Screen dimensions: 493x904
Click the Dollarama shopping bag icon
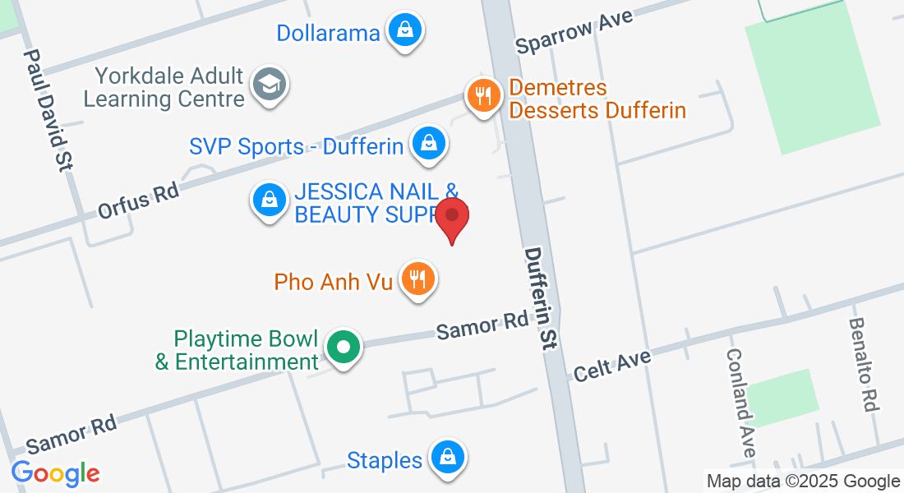(405, 30)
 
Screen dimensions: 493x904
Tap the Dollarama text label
(328, 33)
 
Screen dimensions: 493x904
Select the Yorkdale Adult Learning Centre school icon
(268, 85)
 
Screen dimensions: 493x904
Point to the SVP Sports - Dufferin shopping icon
(428, 143)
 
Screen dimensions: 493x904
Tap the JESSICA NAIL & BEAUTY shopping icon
(269, 200)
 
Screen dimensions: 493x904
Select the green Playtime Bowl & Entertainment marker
(344, 347)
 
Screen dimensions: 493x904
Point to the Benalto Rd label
(865, 364)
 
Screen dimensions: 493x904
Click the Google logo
(55, 472)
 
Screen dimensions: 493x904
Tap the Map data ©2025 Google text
(804, 481)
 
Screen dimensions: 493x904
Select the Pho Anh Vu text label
(329, 282)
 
